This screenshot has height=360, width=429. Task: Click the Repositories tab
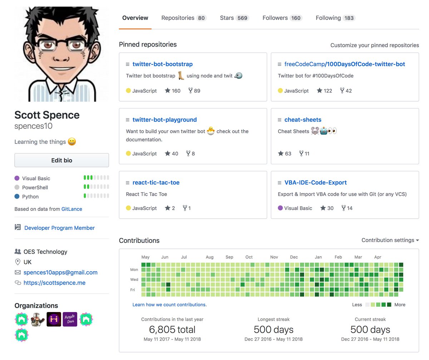pyautogui.click(x=183, y=18)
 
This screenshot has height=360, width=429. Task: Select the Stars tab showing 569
pyautogui.click(x=234, y=18)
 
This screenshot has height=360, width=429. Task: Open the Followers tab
pyautogui.click(x=282, y=18)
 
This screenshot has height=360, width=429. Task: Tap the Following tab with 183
pyautogui.click(x=335, y=18)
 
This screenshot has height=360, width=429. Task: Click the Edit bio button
pyautogui.click(x=61, y=160)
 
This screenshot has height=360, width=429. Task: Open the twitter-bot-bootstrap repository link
pyautogui.click(x=162, y=64)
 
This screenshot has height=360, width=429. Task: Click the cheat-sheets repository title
pyautogui.click(x=303, y=120)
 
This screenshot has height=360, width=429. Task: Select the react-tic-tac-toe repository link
pyautogui.click(x=156, y=183)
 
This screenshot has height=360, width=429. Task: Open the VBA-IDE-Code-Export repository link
pyautogui.click(x=315, y=183)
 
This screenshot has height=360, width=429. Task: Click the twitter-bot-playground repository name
pyautogui.click(x=164, y=120)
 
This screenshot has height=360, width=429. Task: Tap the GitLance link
pyautogui.click(x=71, y=209)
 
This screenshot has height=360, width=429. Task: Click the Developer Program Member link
pyautogui.click(x=59, y=228)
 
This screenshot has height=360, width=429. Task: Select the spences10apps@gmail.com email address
pyautogui.click(x=60, y=272)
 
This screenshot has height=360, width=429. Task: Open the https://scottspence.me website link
pyautogui.click(x=54, y=283)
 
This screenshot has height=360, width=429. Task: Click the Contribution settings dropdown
pyautogui.click(x=390, y=240)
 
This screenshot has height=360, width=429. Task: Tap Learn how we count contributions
pyautogui.click(x=169, y=305)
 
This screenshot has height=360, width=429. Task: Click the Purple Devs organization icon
pyautogui.click(x=70, y=319)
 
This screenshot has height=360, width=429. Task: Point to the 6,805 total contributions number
pyautogui.click(x=172, y=330)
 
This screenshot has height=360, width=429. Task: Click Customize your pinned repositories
pyautogui.click(x=374, y=45)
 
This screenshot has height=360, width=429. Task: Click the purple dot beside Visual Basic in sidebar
pyautogui.click(x=17, y=178)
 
